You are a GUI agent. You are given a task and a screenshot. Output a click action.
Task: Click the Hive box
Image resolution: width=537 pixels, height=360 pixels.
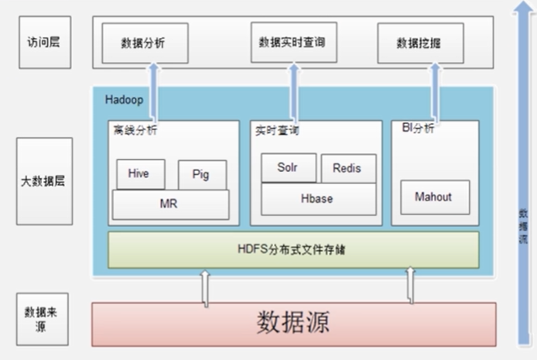click(141, 174)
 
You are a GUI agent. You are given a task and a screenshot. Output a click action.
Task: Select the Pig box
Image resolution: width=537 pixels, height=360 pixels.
click(203, 175)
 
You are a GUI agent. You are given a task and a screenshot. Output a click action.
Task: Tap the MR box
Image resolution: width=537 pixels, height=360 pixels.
click(170, 204)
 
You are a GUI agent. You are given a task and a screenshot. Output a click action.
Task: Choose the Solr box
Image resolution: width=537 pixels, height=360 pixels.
click(289, 168)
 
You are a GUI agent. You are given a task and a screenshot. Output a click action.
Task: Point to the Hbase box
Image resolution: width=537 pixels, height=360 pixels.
click(318, 199)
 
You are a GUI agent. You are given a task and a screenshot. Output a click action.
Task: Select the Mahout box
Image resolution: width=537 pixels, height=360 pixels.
click(433, 197)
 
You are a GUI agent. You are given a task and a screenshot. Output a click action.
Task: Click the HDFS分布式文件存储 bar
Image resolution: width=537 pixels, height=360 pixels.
click(293, 249)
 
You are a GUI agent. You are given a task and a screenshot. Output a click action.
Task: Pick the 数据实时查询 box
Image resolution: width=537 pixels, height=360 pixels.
click(293, 42)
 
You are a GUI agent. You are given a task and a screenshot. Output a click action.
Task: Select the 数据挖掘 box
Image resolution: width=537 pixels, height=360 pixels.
click(420, 43)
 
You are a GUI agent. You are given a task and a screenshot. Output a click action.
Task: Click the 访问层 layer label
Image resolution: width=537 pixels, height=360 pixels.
click(44, 42)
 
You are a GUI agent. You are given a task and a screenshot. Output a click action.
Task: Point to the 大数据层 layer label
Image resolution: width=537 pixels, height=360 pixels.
click(44, 181)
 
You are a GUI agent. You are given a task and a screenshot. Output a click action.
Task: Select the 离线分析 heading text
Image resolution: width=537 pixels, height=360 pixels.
click(134, 131)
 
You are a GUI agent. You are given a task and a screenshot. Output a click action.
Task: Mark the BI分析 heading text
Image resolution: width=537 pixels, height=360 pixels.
click(418, 129)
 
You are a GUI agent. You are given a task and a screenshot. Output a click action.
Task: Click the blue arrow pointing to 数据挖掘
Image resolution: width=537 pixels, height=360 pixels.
click(435, 91)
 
